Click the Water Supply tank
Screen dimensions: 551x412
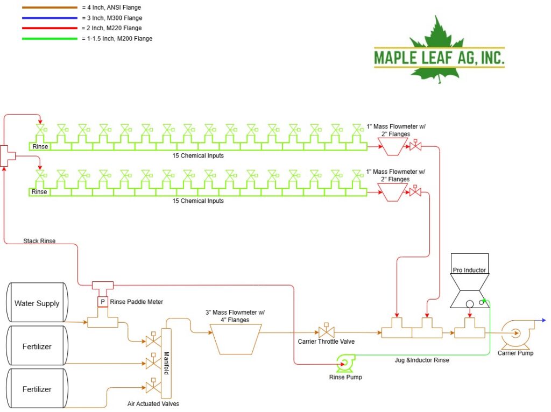(x=37, y=302)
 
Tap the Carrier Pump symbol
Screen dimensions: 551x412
(x=517, y=333)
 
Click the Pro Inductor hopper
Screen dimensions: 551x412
(x=469, y=281)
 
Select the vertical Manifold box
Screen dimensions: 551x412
(x=166, y=363)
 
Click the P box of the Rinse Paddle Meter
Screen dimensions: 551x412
(x=103, y=301)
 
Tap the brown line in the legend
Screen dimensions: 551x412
(x=50, y=8)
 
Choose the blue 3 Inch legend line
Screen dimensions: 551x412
(x=50, y=18)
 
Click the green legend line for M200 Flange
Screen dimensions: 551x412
(x=50, y=39)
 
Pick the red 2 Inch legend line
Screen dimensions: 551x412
(x=50, y=28)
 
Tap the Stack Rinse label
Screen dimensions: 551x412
(x=39, y=241)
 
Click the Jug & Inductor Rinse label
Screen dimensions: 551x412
(x=422, y=360)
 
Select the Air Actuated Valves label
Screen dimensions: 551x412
(x=153, y=404)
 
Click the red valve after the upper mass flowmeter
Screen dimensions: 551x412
(x=415, y=145)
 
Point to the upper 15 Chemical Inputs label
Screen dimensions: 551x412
(x=198, y=155)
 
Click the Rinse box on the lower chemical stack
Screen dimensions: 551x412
(x=39, y=192)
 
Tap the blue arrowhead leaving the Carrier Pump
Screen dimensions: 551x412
(x=543, y=321)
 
